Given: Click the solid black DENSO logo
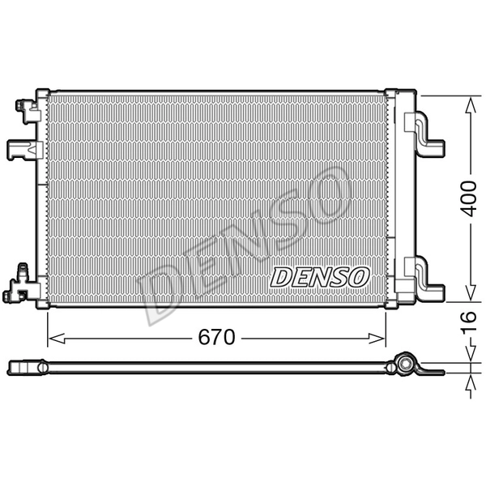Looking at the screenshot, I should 319,277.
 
